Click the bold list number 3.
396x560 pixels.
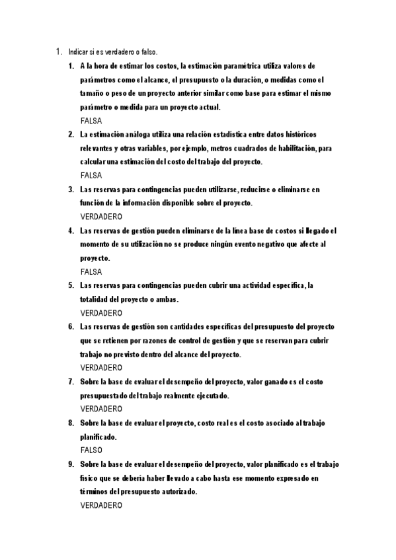pyautogui.click(x=71, y=190)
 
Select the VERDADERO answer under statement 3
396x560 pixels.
pyautogui.click(x=100, y=217)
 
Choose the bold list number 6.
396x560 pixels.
pyautogui.click(x=71, y=326)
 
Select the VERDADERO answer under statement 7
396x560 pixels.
pyautogui.click(x=100, y=409)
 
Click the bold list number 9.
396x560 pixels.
pyautogui.click(x=71, y=464)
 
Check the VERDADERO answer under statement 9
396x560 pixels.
pyautogui.click(x=100, y=505)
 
